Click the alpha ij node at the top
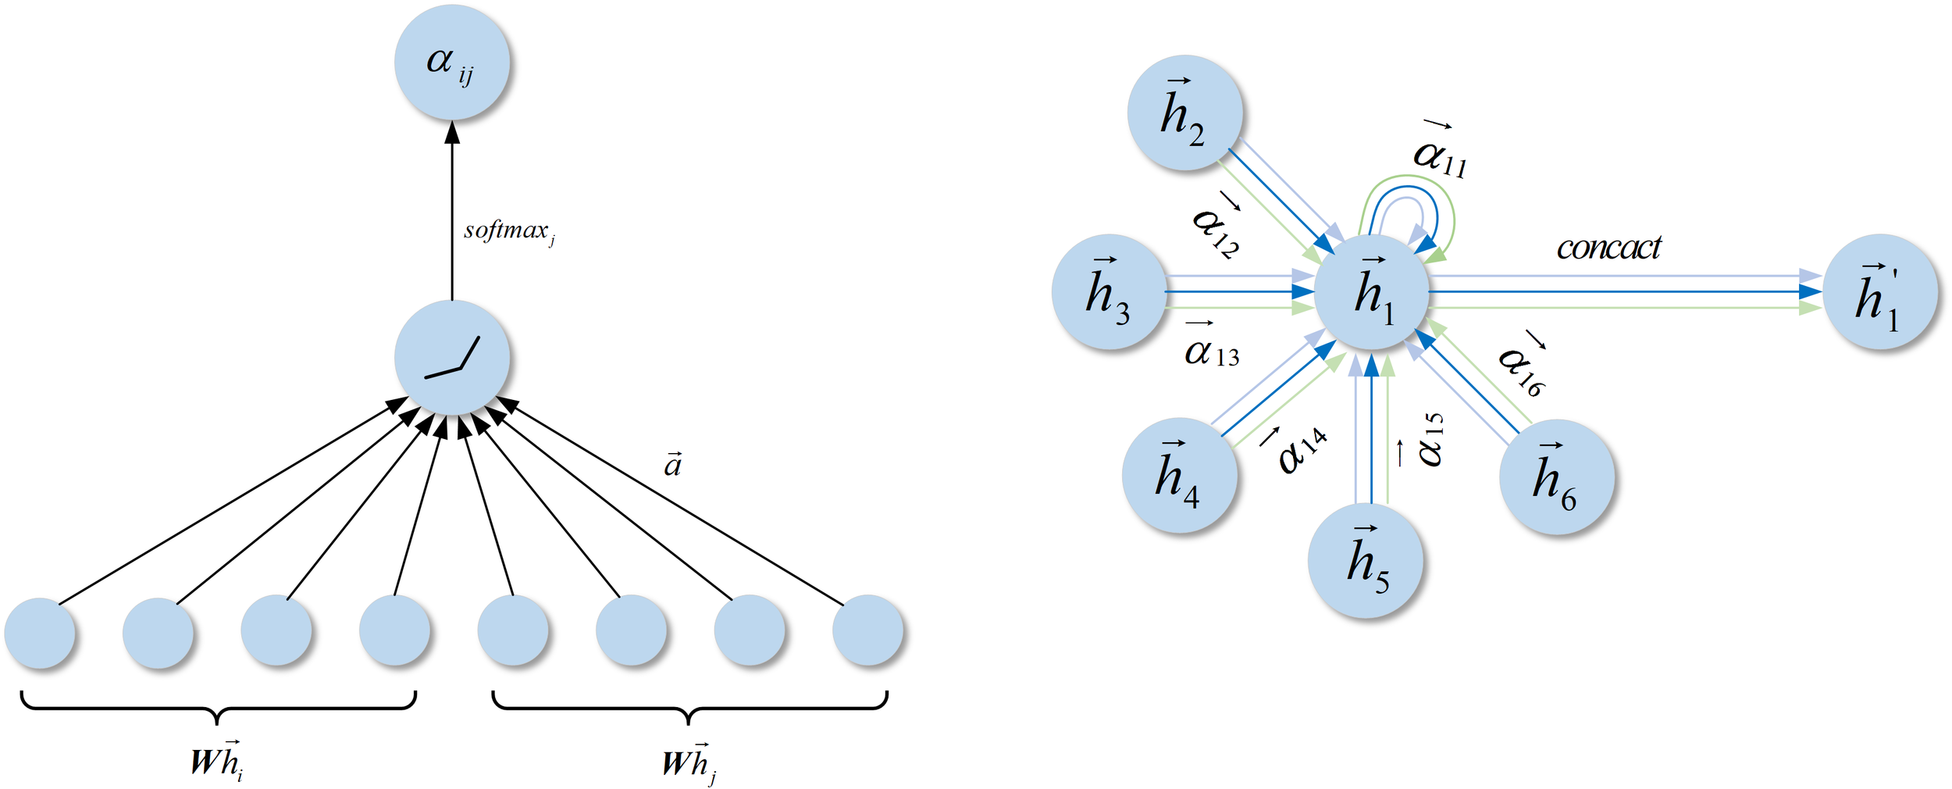point(451,62)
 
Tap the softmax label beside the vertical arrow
point(508,231)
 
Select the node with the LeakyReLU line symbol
point(451,358)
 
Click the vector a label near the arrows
point(672,465)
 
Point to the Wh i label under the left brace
point(217,760)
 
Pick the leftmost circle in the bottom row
point(40,633)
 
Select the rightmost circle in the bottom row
point(867,630)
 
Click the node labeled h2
point(1184,112)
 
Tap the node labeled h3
point(1109,291)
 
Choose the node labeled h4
point(1179,475)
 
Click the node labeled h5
point(1365,560)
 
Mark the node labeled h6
point(1556,477)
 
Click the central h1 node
point(1372,291)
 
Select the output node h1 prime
point(1879,291)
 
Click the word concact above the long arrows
point(1608,248)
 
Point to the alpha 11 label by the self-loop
point(1440,152)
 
